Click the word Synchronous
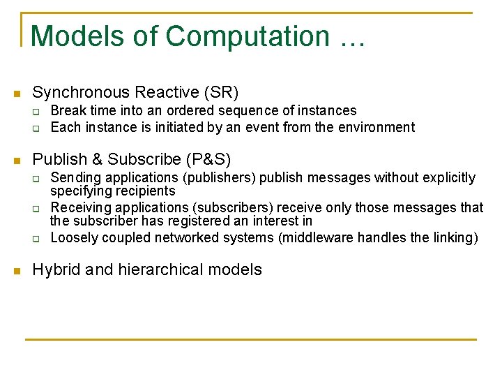82,92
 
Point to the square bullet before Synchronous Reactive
17,94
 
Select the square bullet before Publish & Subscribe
17,160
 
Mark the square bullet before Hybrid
17,271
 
